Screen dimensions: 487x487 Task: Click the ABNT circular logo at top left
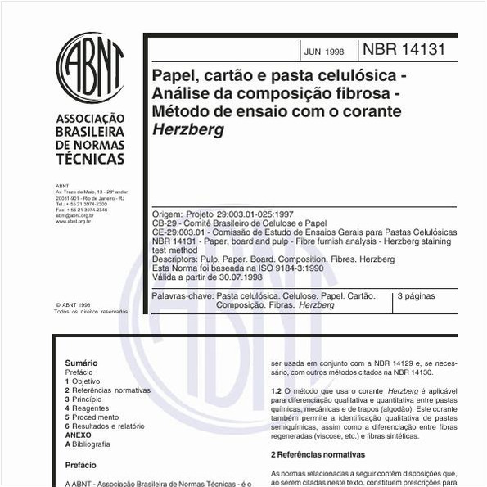tap(90, 66)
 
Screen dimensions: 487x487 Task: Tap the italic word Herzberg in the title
tap(187, 129)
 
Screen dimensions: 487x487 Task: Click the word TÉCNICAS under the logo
tap(90, 159)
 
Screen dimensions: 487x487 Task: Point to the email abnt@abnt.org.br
tap(74, 215)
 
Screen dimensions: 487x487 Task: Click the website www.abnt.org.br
tap(73, 221)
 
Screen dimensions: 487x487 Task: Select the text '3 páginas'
tap(416, 296)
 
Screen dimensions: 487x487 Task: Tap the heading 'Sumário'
tap(81, 362)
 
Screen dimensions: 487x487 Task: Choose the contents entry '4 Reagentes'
tap(87, 408)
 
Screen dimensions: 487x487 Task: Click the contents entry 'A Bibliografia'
tap(87, 444)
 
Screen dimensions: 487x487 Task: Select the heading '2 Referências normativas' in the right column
tap(318, 453)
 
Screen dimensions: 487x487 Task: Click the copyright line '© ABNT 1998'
tap(73, 304)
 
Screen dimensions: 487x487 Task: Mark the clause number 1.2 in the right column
tap(277, 392)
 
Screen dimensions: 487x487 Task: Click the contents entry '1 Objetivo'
tap(83, 381)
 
